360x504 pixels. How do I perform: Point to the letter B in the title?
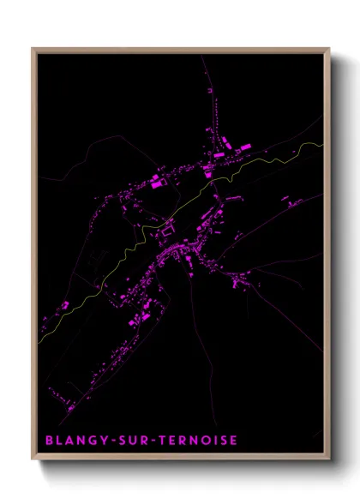coord(49,441)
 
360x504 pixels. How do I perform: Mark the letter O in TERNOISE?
coord(202,441)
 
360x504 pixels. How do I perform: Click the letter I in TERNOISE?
coord(213,441)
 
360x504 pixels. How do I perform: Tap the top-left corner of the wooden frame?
coord(33,49)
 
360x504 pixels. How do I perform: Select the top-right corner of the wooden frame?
coord(329,49)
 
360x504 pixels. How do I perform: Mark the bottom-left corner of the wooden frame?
coord(33,461)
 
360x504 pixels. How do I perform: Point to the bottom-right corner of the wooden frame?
coord(329,461)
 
